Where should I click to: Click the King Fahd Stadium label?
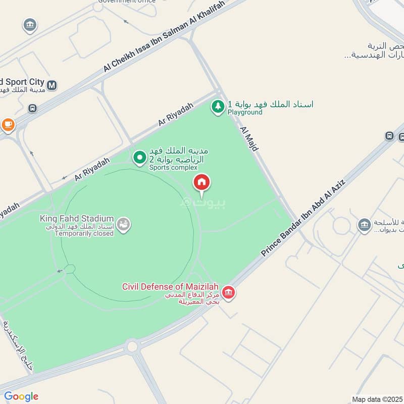click(x=77, y=219)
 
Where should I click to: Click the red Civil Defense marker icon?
click(x=229, y=293)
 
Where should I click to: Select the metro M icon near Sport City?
click(x=52, y=84)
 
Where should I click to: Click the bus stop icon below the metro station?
click(x=33, y=108)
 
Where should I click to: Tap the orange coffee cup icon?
click(x=8, y=124)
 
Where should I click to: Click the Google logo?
click(x=21, y=396)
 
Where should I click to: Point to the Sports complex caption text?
click(x=173, y=167)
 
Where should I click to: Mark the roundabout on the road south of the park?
click(x=132, y=346)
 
